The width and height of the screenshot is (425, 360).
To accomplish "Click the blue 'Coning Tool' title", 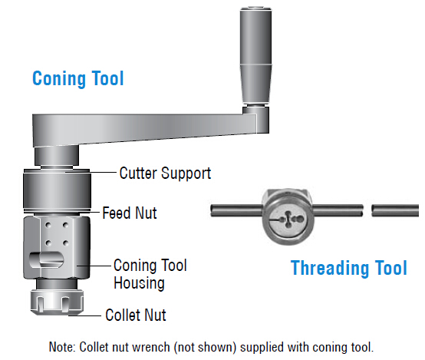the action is pyautogui.click(x=77, y=78).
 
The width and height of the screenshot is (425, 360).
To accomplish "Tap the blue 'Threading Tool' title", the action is pyautogui.click(x=349, y=268).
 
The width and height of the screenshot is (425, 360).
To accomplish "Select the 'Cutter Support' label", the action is pyautogui.click(x=165, y=173).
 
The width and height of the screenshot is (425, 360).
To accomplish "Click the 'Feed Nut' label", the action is pyautogui.click(x=130, y=213).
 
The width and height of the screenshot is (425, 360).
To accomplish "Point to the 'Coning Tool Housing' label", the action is pyautogui.click(x=150, y=274).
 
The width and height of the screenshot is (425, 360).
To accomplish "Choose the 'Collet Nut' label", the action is pyautogui.click(x=136, y=315).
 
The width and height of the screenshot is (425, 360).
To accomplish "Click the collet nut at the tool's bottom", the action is pyautogui.click(x=57, y=302).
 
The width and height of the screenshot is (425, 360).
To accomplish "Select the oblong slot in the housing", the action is pyautogui.click(x=46, y=260).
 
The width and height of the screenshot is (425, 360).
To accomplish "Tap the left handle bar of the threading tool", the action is pyautogui.click(x=237, y=210).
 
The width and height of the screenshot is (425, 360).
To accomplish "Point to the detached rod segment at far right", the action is pyautogui.click(x=395, y=210).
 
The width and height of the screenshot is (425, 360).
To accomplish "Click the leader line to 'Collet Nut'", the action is pyautogui.click(x=85, y=315).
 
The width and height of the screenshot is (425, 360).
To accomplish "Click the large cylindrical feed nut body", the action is pyautogui.click(x=57, y=191).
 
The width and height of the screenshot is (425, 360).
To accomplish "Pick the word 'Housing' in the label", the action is pyautogui.click(x=139, y=283).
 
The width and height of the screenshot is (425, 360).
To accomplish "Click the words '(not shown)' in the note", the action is pyautogui.click(x=205, y=347).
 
